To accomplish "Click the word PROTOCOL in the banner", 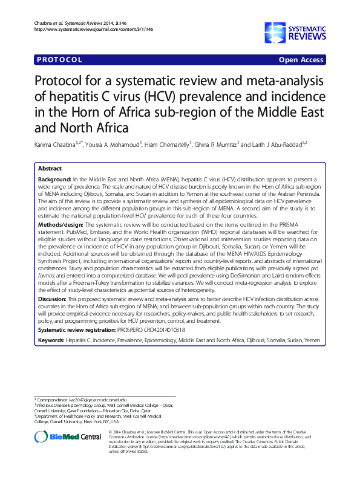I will click(x=59, y=60).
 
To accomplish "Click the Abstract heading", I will click(x=49, y=169).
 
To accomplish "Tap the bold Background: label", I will click(x=55, y=181).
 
